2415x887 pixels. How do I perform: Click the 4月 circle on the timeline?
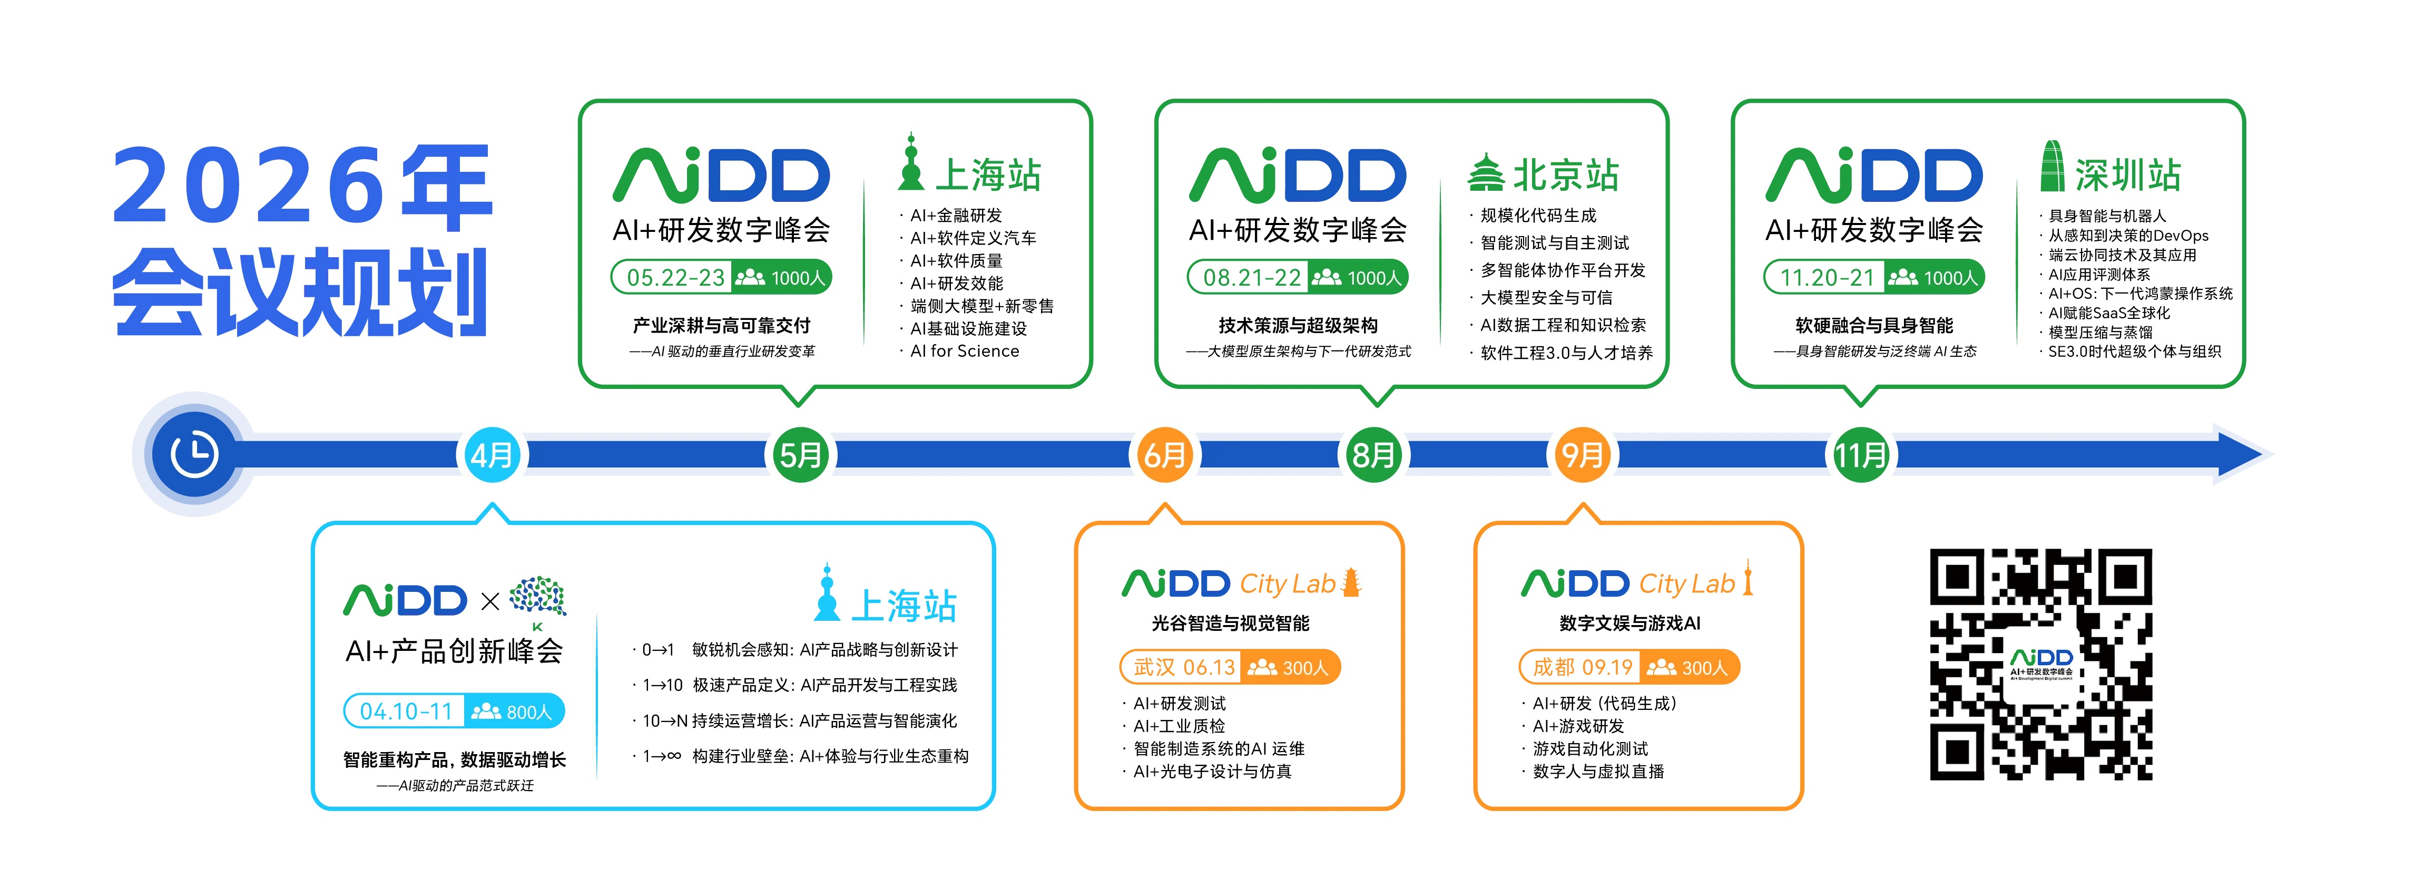tap(491, 456)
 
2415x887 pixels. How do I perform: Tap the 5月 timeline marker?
tap(800, 456)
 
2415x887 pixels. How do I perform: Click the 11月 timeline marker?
tap(1860, 456)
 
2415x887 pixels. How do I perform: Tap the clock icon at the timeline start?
tap(194, 455)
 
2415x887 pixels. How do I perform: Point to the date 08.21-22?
tap(1252, 278)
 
